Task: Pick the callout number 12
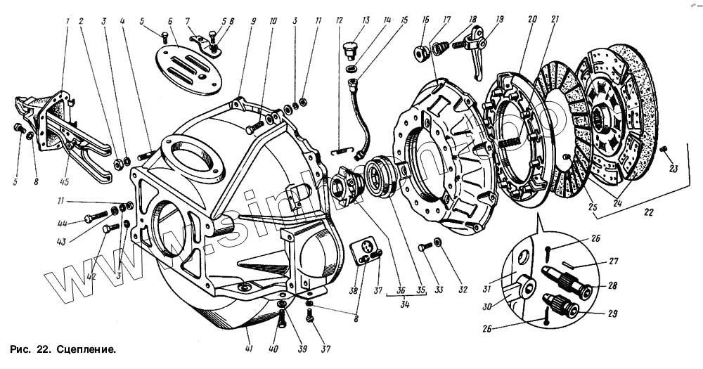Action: click(339, 20)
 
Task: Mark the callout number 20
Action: click(530, 20)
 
